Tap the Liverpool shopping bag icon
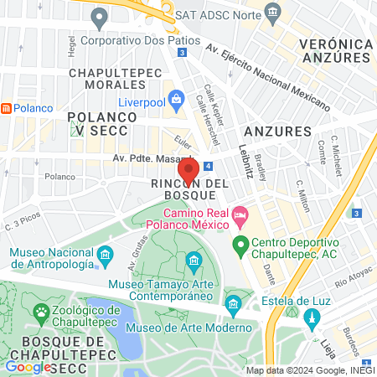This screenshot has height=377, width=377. coord(176,102)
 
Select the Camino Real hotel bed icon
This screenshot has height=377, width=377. coord(240,217)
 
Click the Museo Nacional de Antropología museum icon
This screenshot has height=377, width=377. coord(106,254)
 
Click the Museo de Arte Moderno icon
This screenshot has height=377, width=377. coord(233,302)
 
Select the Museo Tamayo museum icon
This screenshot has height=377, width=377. coord(194,262)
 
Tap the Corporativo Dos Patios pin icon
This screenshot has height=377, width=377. coord(101,16)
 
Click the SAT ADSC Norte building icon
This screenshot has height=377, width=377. coord(273,12)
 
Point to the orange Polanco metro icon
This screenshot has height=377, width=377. coord(6,108)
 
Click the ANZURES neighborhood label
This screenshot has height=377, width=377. coord(276,132)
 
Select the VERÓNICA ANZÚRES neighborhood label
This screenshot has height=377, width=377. coord(335,50)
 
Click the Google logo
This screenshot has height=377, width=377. coord(28,366)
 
